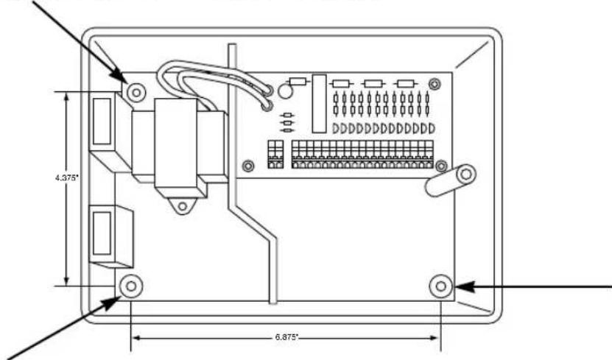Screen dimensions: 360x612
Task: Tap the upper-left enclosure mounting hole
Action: click(x=135, y=92)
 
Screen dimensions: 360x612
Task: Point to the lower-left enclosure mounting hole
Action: click(x=130, y=285)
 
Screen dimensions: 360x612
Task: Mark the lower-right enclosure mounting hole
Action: click(x=441, y=285)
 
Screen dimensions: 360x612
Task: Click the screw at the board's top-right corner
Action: click(x=434, y=87)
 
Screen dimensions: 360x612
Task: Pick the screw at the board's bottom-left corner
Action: click(x=248, y=165)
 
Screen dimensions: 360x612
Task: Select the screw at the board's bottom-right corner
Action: click(x=441, y=166)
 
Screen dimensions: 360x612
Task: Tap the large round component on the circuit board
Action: click(x=286, y=91)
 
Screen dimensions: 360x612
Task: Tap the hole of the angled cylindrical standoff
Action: click(x=465, y=174)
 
